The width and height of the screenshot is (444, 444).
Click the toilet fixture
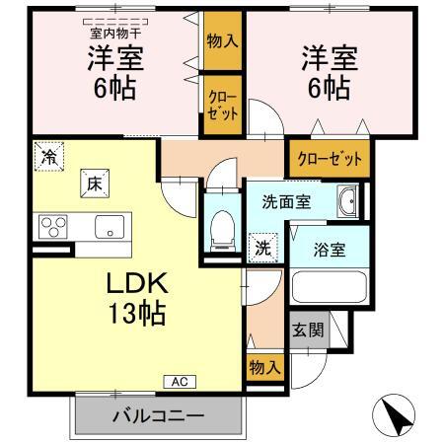(222, 226)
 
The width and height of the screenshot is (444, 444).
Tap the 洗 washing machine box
(263, 246)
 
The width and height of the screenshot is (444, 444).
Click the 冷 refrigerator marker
(48, 155)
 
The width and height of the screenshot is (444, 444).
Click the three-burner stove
(52, 227)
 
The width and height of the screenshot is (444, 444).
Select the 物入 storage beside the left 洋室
(222, 41)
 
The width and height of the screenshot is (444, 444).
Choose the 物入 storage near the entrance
(264, 366)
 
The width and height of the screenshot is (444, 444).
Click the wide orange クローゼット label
(330, 158)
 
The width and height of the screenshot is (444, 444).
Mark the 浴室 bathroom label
(330, 249)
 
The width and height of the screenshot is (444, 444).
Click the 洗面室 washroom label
(286, 201)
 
